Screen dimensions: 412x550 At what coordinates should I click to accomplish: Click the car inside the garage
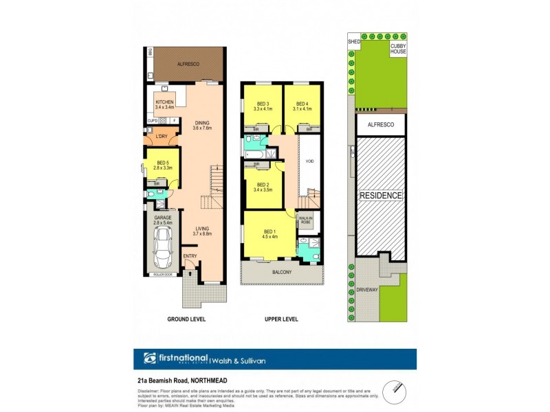click(163, 249)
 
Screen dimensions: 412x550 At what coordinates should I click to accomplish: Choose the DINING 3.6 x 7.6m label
click(202, 125)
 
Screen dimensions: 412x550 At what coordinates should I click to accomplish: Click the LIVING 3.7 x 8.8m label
click(202, 231)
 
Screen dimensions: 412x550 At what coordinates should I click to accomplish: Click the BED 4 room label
click(302, 105)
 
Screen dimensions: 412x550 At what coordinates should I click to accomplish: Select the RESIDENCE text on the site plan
click(381, 196)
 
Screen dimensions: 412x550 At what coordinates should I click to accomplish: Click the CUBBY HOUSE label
click(398, 49)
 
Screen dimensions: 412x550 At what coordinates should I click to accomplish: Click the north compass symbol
click(393, 388)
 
